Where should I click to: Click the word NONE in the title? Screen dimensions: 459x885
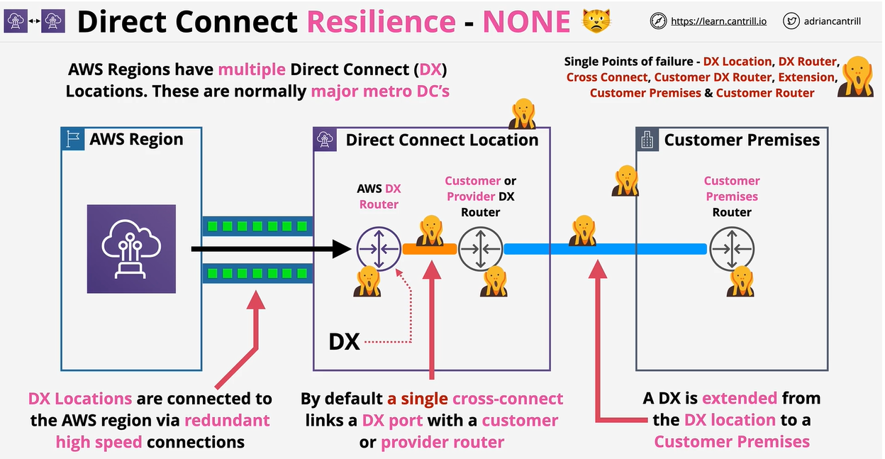[x=526, y=21]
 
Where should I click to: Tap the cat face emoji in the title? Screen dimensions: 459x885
[x=596, y=21]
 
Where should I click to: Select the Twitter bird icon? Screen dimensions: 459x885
[x=791, y=21]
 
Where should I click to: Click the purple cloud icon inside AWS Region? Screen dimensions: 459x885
[x=131, y=249]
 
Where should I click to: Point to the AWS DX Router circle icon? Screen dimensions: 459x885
[x=379, y=248]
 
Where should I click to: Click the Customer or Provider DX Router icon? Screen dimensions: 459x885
[x=480, y=248]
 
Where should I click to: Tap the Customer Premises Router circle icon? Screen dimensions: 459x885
[x=732, y=248]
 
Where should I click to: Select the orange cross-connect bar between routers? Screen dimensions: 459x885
[x=430, y=249]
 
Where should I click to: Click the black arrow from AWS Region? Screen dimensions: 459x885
[x=269, y=249]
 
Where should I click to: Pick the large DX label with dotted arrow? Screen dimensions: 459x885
[x=345, y=342]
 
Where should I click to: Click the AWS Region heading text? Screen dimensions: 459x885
[x=136, y=139]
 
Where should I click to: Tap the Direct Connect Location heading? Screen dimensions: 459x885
[x=442, y=140]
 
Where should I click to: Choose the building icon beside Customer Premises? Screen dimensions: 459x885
[x=647, y=140]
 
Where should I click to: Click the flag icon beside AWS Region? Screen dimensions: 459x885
[x=73, y=139]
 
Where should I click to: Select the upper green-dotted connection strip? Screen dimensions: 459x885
[x=257, y=226]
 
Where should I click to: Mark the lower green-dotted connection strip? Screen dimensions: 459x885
[x=257, y=273]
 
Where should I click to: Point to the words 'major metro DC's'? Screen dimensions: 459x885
[x=380, y=92]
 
